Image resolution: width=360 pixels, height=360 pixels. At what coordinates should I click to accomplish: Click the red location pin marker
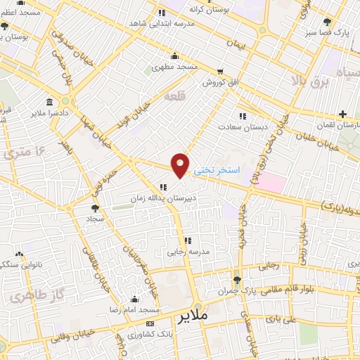pyautogui.click(x=181, y=164)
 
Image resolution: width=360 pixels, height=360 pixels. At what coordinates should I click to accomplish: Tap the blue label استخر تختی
pyautogui.click(x=217, y=171)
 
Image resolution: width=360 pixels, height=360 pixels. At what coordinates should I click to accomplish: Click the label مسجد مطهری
pyautogui.click(x=175, y=67)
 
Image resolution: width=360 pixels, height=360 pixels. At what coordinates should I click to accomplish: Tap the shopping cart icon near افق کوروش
pyautogui.click(x=220, y=71)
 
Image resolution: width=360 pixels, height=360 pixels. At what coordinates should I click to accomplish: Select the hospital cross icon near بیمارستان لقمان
pyautogui.click(x=342, y=114)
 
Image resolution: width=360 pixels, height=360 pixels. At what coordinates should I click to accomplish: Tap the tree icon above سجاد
pyautogui.click(x=95, y=207)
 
